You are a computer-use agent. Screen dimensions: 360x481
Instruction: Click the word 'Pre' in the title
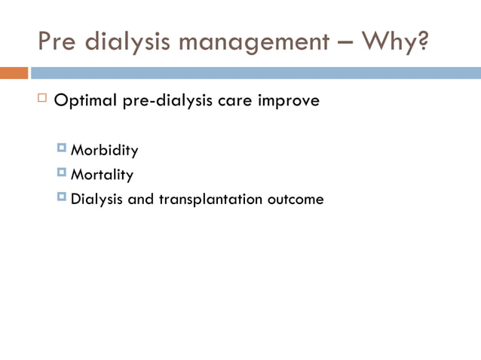(57, 41)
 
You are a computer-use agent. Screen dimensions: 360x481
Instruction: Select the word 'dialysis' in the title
(121, 41)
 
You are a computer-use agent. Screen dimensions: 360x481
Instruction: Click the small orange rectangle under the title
(14, 73)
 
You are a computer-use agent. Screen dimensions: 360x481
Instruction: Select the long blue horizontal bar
(255, 73)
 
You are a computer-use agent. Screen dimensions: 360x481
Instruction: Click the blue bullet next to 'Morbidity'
(62, 148)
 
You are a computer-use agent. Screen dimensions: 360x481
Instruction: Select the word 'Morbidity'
(104, 151)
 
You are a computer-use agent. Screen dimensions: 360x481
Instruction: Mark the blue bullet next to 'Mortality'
(62, 173)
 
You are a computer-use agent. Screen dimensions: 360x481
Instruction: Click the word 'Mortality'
(102, 175)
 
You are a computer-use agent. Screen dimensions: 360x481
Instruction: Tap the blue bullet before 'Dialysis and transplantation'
(62, 197)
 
